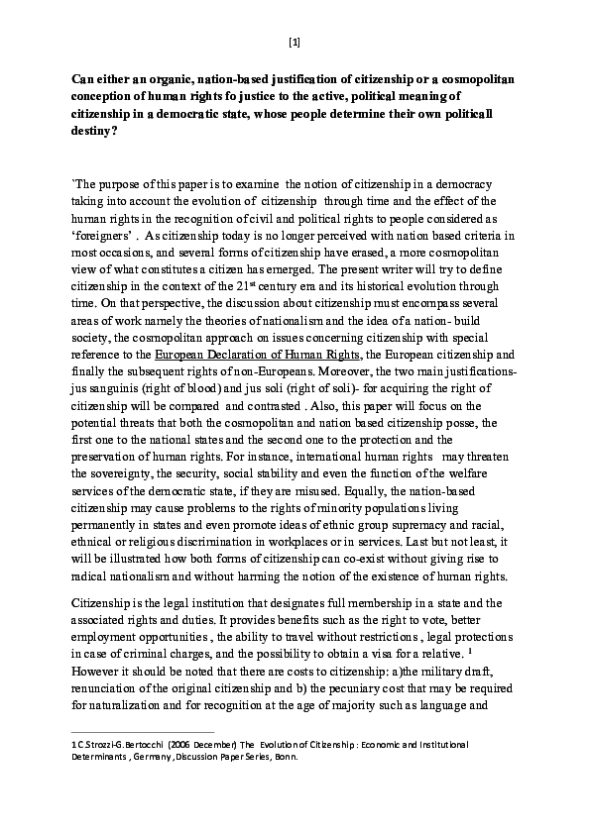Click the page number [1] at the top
tap(295, 42)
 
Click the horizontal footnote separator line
tap(145, 733)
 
